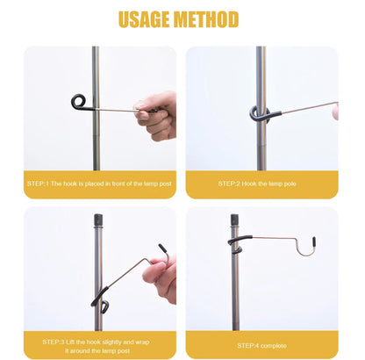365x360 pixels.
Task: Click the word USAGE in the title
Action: point(146,18)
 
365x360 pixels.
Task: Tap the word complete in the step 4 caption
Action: point(274,345)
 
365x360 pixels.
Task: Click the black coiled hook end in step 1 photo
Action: point(79,101)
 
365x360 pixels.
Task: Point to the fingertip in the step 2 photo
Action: point(335,112)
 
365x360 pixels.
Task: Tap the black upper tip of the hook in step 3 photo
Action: point(162,248)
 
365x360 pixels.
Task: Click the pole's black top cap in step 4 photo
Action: point(234,218)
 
